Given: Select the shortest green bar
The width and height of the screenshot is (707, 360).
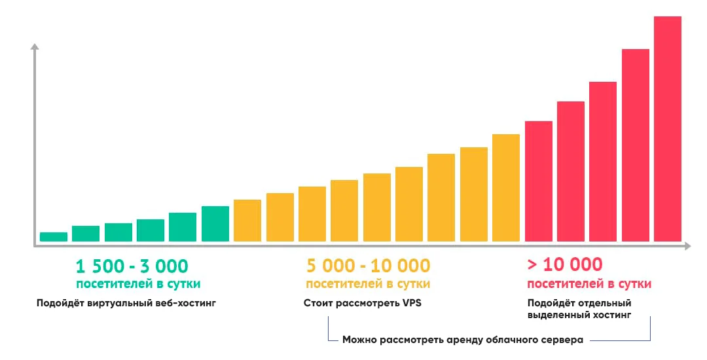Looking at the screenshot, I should pyautogui.click(x=54, y=237).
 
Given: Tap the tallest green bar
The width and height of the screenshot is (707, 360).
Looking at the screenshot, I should pyautogui.click(x=215, y=224).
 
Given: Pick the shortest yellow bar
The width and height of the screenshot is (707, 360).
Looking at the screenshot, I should pyautogui.click(x=247, y=221).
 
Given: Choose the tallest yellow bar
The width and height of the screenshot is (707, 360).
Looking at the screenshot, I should pyautogui.click(x=506, y=188).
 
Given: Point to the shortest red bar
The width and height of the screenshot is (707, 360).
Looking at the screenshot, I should pyautogui.click(x=538, y=181).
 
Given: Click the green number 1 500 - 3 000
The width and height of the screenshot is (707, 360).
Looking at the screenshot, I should pyautogui.click(x=132, y=266).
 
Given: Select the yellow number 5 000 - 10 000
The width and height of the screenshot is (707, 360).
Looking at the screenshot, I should pyautogui.click(x=368, y=266).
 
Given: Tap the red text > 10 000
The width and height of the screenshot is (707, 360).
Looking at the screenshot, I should pyautogui.click(x=564, y=265).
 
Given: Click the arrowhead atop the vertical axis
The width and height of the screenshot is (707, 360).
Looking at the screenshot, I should pyautogui.click(x=35, y=47).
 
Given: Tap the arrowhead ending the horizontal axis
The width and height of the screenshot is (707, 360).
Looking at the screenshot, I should pyautogui.click(x=687, y=246).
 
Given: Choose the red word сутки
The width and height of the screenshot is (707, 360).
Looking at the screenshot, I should pyautogui.click(x=634, y=284).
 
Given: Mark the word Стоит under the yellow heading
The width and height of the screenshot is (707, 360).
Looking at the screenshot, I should pyautogui.click(x=317, y=304).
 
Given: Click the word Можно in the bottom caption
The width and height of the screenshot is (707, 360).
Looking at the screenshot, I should pyautogui.click(x=359, y=340).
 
